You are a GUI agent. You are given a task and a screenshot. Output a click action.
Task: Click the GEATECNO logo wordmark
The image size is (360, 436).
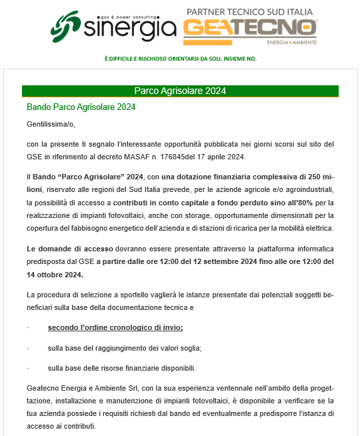tap(249, 29)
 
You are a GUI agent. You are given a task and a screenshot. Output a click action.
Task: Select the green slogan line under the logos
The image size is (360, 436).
tap(180, 59)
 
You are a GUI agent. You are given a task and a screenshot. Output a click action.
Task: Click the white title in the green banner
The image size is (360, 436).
tap(180, 91)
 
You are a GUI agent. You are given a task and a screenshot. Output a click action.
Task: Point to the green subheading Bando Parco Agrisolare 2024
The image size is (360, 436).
tap(81, 107)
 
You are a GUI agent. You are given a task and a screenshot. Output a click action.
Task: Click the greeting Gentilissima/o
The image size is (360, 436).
tap(51, 124)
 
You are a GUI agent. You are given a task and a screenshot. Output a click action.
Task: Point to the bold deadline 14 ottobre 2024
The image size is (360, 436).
tap(55, 274)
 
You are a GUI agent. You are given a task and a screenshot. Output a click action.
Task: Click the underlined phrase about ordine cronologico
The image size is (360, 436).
tap(115, 327)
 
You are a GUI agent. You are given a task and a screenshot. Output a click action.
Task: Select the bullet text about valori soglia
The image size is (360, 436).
tap(124, 348)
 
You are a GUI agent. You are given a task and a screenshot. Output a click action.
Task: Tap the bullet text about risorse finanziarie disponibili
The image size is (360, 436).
tap(121, 368)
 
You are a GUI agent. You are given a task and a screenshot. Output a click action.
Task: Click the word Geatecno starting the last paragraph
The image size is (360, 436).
tap(43, 388)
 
